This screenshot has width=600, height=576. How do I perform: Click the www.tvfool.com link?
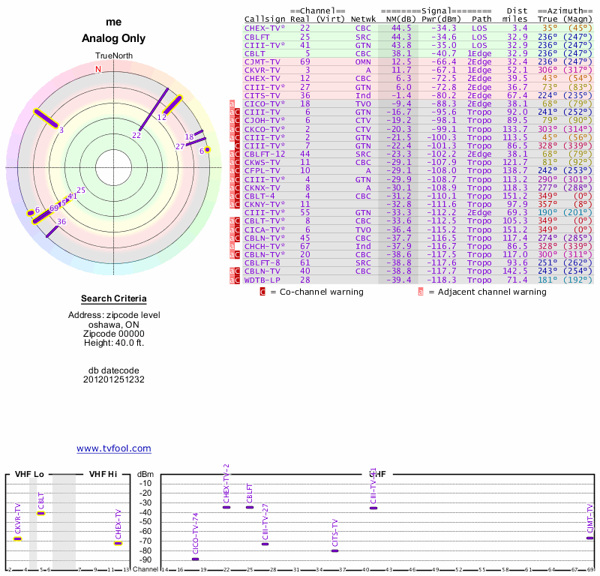point(114,448)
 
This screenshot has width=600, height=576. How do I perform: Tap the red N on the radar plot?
point(97,69)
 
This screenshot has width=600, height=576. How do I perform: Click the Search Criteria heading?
point(114,298)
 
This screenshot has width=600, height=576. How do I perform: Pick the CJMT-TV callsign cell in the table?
point(262,61)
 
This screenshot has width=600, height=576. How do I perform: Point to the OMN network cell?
point(363,61)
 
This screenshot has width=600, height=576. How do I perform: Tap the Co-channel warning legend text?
point(316,291)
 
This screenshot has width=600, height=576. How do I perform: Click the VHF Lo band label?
point(29,474)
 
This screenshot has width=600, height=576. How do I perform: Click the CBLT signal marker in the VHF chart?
point(41,513)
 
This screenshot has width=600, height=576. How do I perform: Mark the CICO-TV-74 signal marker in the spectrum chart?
point(196,559)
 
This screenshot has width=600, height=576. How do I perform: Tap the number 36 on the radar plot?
point(61,221)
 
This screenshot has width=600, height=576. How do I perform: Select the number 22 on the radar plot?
point(136,135)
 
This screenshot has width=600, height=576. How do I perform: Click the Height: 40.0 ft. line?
point(114,343)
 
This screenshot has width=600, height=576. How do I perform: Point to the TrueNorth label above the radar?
point(113,56)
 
